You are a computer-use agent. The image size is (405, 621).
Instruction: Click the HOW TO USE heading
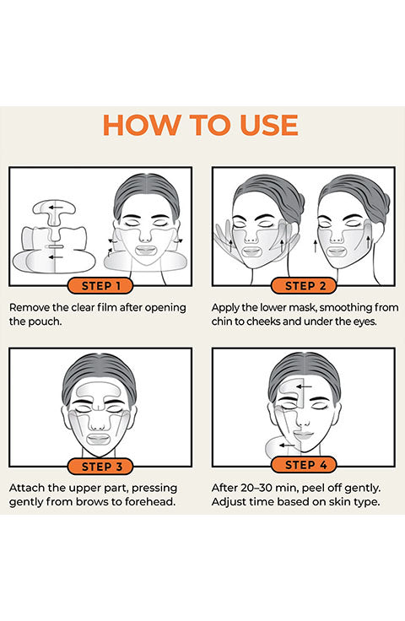(200, 126)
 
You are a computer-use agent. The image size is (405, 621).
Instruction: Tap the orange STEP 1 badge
(100, 285)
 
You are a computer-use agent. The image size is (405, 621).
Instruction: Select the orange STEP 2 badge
(304, 285)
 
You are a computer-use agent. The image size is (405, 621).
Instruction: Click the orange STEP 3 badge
(100, 466)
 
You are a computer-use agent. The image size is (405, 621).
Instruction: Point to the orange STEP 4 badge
(304, 465)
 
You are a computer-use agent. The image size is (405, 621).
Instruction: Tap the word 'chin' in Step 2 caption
(222, 321)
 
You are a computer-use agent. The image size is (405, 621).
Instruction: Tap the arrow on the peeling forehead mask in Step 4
(305, 386)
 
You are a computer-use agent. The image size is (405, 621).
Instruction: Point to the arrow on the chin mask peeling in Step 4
(287, 445)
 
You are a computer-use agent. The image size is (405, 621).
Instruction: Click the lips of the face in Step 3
(98, 440)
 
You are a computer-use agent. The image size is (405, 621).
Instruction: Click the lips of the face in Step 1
(146, 251)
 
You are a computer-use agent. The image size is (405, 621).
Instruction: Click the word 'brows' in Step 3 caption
(92, 502)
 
